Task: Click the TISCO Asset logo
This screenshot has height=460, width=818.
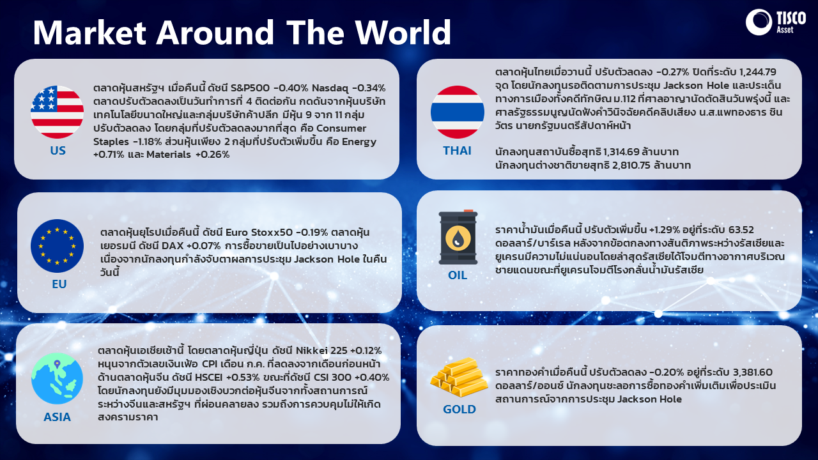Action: [x=776, y=22]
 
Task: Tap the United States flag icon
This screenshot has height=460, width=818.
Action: [x=57, y=112]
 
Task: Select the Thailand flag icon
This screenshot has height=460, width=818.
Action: [x=458, y=112]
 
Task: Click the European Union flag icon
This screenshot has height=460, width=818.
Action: [x=57, y=246]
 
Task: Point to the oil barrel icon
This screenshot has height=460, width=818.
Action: [x=458, y=237]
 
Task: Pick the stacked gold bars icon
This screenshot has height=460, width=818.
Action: [x=459, y=378]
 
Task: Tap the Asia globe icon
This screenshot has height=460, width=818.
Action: [x=57, y=378]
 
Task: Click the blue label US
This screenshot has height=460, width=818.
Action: [x=58, y=150]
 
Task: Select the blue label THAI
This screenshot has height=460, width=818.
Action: [x=457, y=150]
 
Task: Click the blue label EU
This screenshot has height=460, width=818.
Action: [x=59, y=284]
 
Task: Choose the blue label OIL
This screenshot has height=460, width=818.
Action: [x=458, y=275]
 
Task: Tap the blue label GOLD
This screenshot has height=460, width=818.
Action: [x=459, y=410]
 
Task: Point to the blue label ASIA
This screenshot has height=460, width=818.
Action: [x=57, y=417]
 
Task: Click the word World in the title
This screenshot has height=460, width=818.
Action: [x=403, y=32]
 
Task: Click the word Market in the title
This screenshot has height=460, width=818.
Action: [x=90, y=32]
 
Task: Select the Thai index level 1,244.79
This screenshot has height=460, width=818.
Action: [x=755, y=72]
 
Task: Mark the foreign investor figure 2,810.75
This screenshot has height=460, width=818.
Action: [x=631, y=165]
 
